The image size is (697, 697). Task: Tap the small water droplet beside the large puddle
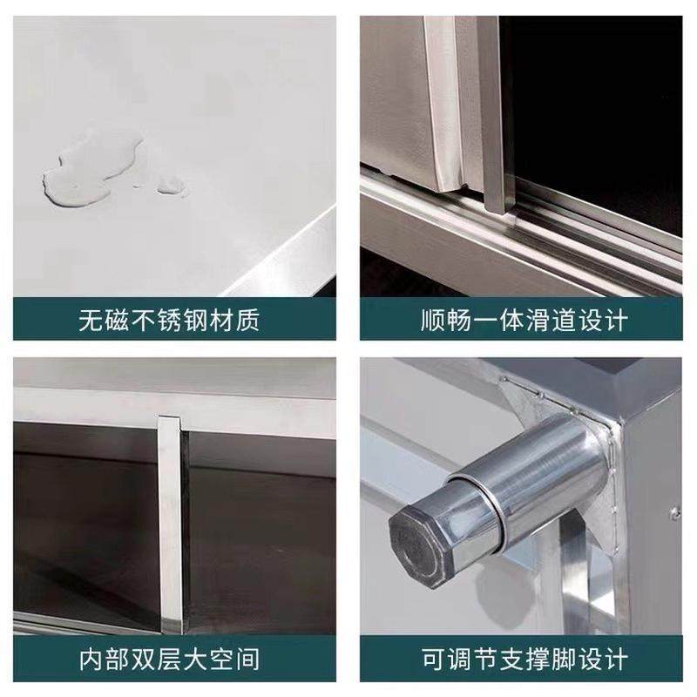tap(171, 185)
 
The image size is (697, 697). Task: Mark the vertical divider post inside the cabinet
tap(171, 523)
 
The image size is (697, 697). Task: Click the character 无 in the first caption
tap(89, 320)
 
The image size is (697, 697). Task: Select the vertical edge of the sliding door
tap(492, 113)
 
